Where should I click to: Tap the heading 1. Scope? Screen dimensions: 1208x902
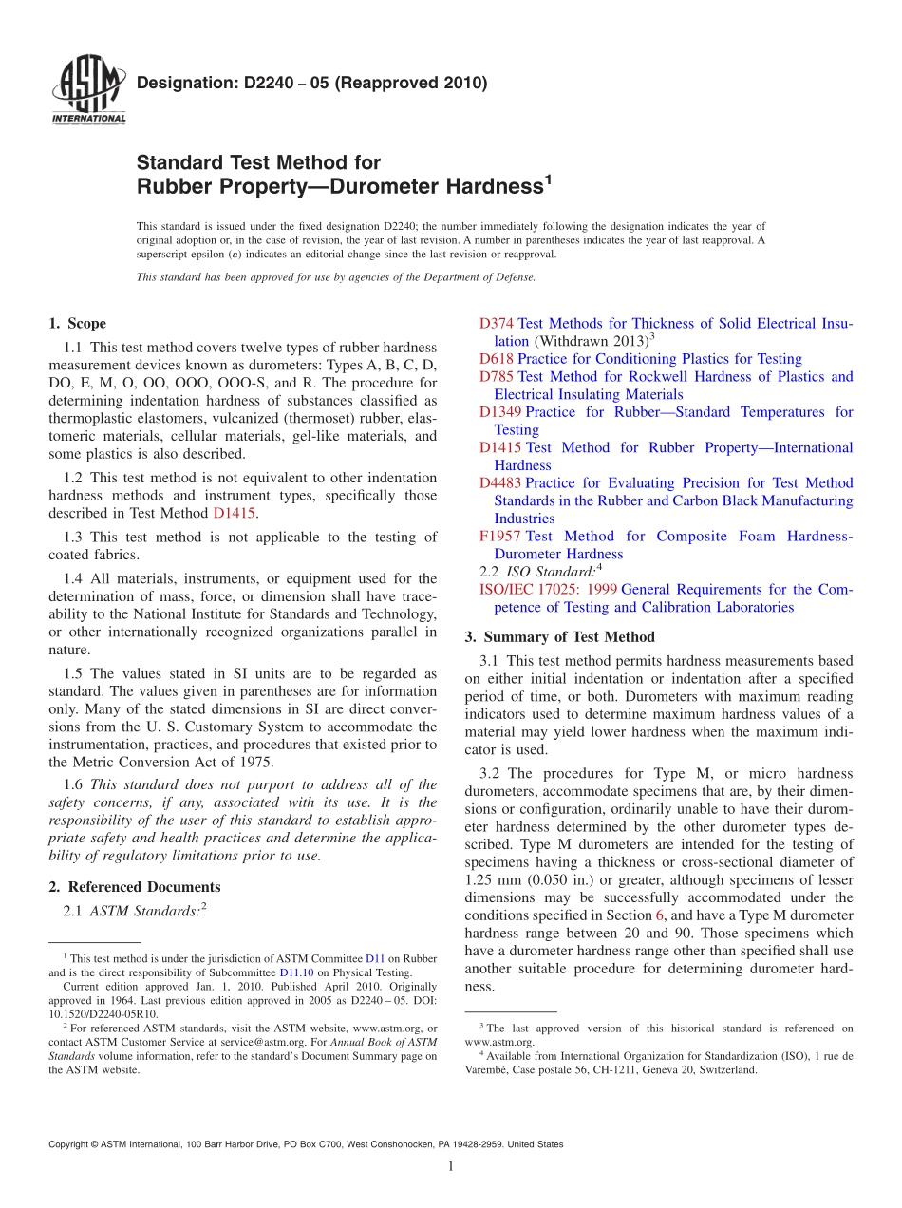pos(78,323)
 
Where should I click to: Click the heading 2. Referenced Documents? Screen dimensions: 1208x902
pos(135,887)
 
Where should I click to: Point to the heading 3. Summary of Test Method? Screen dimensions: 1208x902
pos(559,636)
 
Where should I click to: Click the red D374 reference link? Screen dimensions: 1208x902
pos(497,324)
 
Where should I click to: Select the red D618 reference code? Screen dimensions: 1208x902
pos(497,359)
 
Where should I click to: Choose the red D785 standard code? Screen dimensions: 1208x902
pos(497,377)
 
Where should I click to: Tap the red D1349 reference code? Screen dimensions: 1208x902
pos(500,412)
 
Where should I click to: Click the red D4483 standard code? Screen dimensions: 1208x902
pos(500,483)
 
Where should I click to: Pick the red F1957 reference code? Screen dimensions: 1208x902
pos(499,537)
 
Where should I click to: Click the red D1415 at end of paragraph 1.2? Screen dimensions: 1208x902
pos(235,513)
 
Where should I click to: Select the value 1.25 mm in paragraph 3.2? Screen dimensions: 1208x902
pos(489,879)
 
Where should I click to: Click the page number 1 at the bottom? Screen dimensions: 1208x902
pos(451,1167)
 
